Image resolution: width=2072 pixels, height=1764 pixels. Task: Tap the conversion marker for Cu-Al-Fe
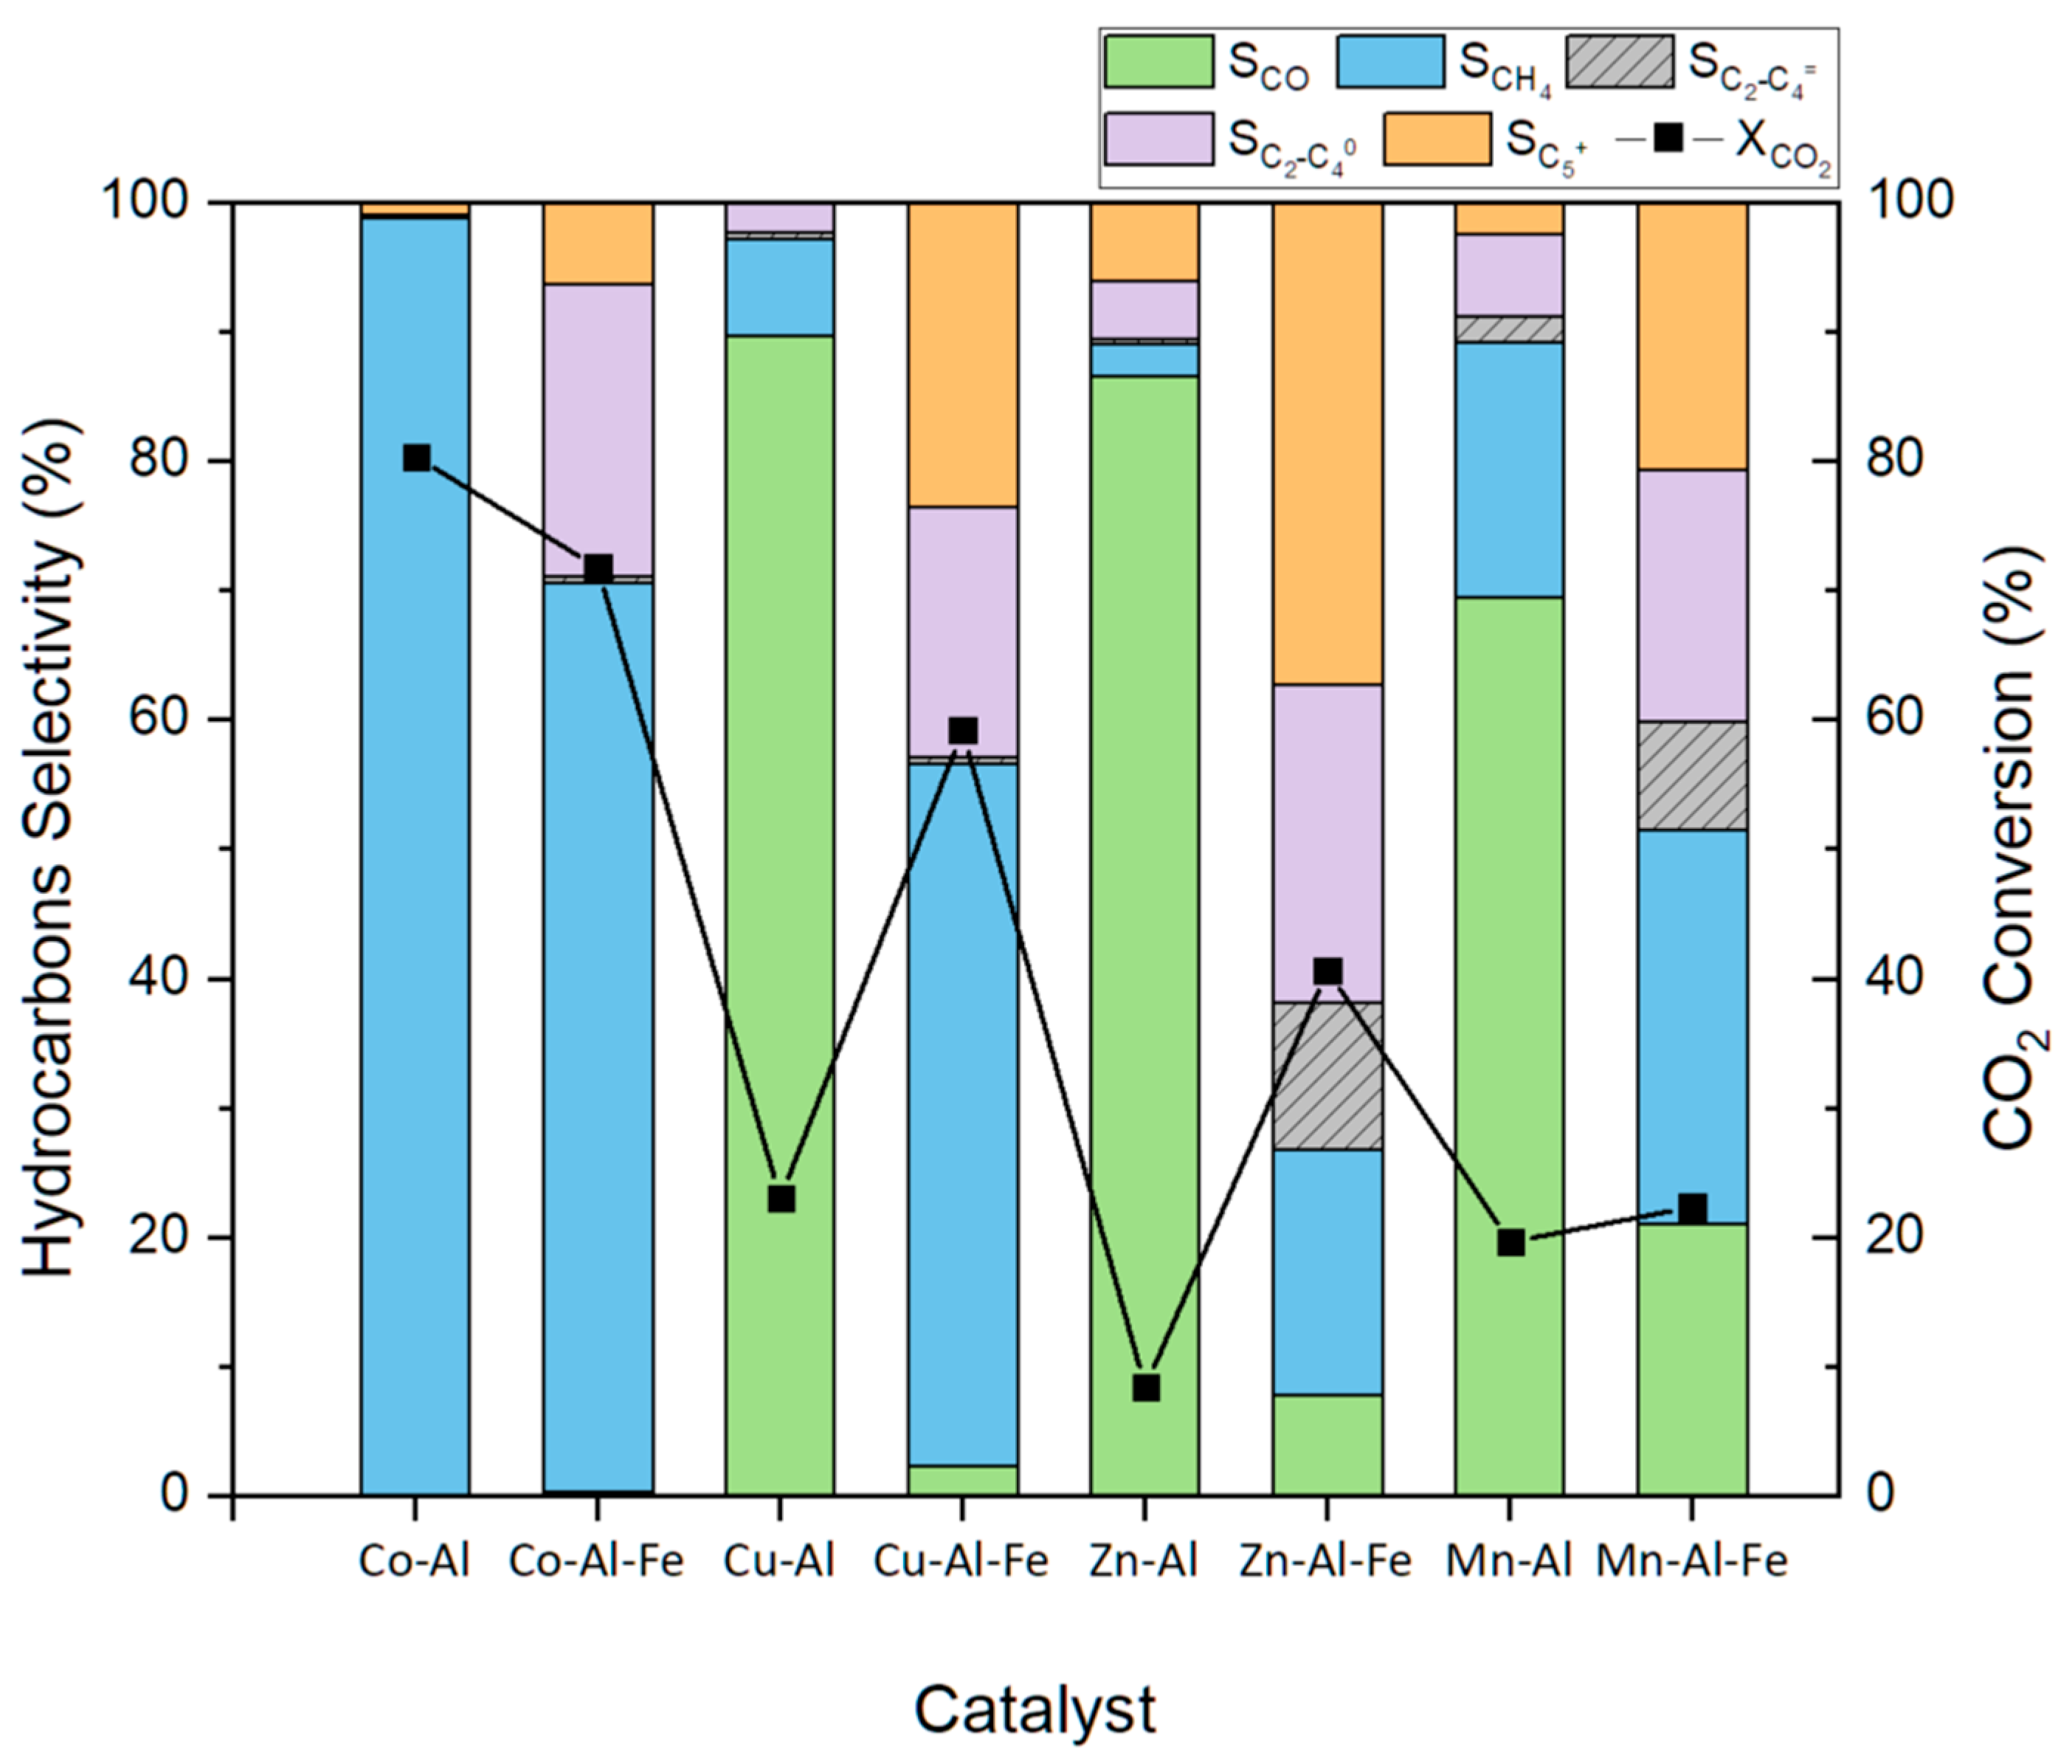click(962, 730)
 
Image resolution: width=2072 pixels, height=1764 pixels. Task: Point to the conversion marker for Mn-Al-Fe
click(1691, 1208)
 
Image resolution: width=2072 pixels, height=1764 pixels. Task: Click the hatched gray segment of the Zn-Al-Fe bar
click(1327, 1075)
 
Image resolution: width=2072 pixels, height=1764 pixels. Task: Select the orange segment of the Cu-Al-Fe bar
click(962, 355)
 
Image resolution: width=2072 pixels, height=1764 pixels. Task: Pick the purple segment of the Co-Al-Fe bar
click(598, 430)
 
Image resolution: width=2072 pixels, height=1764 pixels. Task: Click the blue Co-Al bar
click(414, 850)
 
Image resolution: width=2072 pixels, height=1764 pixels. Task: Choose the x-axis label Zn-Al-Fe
click(1325, 1561)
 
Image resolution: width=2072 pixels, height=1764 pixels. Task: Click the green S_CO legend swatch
click(1158, 62)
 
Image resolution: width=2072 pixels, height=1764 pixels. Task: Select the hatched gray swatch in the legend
click(1618, 62)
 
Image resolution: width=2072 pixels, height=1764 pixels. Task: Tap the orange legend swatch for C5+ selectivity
click(1437, 139)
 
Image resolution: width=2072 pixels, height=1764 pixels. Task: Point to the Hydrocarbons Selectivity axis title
click(50, 850)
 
